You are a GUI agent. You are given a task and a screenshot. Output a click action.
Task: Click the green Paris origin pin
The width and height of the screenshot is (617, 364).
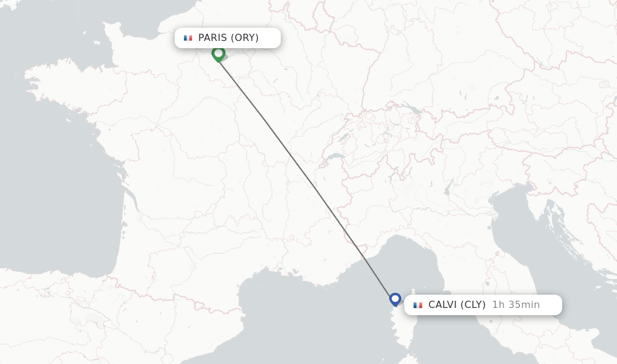(x=218, y=54)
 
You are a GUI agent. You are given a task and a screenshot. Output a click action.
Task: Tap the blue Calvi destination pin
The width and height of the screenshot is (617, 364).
(x=395, y=299)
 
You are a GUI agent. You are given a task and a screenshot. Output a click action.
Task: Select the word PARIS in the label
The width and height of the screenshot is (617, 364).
(x=212, y=38)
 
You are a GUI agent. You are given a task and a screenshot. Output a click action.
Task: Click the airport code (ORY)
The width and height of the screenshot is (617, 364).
(x=245, y=38)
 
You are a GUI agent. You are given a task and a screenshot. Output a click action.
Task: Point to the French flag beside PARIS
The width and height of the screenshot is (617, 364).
(x=188, y=38)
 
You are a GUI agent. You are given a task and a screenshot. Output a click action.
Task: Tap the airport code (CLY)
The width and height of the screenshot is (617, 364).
(x=473, y=305)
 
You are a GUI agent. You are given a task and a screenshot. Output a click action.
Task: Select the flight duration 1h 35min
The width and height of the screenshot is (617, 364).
(x=516, y=305)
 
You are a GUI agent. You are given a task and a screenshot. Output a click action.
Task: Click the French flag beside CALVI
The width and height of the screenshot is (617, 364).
(x=418, y=305)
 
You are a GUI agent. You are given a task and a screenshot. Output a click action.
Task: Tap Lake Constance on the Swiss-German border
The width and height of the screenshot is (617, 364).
(x=412, y=109)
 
